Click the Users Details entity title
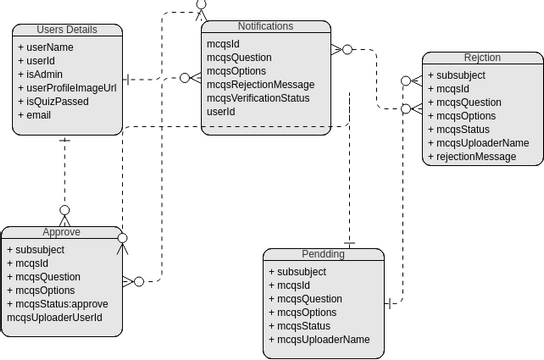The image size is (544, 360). click(69, 30)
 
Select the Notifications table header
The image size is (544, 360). click(265, 25)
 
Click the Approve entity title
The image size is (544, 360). click(62, 232)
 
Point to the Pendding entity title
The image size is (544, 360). click(322, 254)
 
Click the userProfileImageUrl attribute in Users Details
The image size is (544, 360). click(67, 88)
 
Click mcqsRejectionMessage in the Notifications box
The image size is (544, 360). click(259, 85)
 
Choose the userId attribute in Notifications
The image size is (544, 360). click(221, 112)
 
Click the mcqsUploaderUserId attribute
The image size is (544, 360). click(54, 318)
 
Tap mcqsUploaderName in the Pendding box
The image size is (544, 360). click(319, 339)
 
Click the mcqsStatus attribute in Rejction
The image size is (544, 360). click(464, 129)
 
